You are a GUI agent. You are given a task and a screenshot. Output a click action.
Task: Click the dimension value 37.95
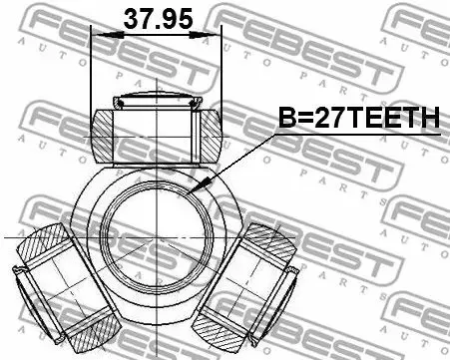(156, 18)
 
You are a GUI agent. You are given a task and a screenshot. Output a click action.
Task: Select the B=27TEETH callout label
(356, 120)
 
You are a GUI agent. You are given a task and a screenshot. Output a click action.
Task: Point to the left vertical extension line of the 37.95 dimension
(91, 70)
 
